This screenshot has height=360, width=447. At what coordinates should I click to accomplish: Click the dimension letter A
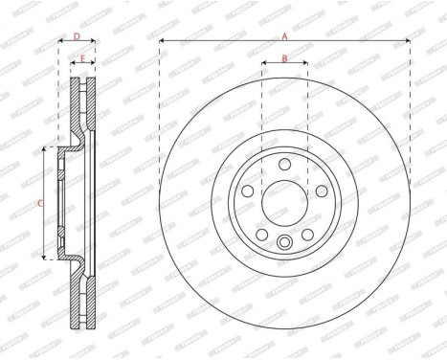tap(283, 34)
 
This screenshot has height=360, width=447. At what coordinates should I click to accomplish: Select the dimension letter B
tap(284, 59)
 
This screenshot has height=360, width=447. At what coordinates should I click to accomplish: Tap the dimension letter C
tap(39, 203)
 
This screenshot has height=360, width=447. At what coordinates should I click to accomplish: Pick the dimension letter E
tap(84, 59)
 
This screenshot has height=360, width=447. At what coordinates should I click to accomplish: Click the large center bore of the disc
tap(284, 204)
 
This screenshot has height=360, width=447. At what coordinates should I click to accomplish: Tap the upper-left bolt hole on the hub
tap(249, 191)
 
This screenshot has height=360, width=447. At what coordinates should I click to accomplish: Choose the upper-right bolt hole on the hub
tap(321, 191)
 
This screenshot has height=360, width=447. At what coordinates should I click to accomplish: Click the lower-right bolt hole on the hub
tap(307, 234)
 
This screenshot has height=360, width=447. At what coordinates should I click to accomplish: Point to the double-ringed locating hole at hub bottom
tap(284, 242)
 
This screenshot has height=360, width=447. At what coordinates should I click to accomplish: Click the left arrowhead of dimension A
tap(162, 40)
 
